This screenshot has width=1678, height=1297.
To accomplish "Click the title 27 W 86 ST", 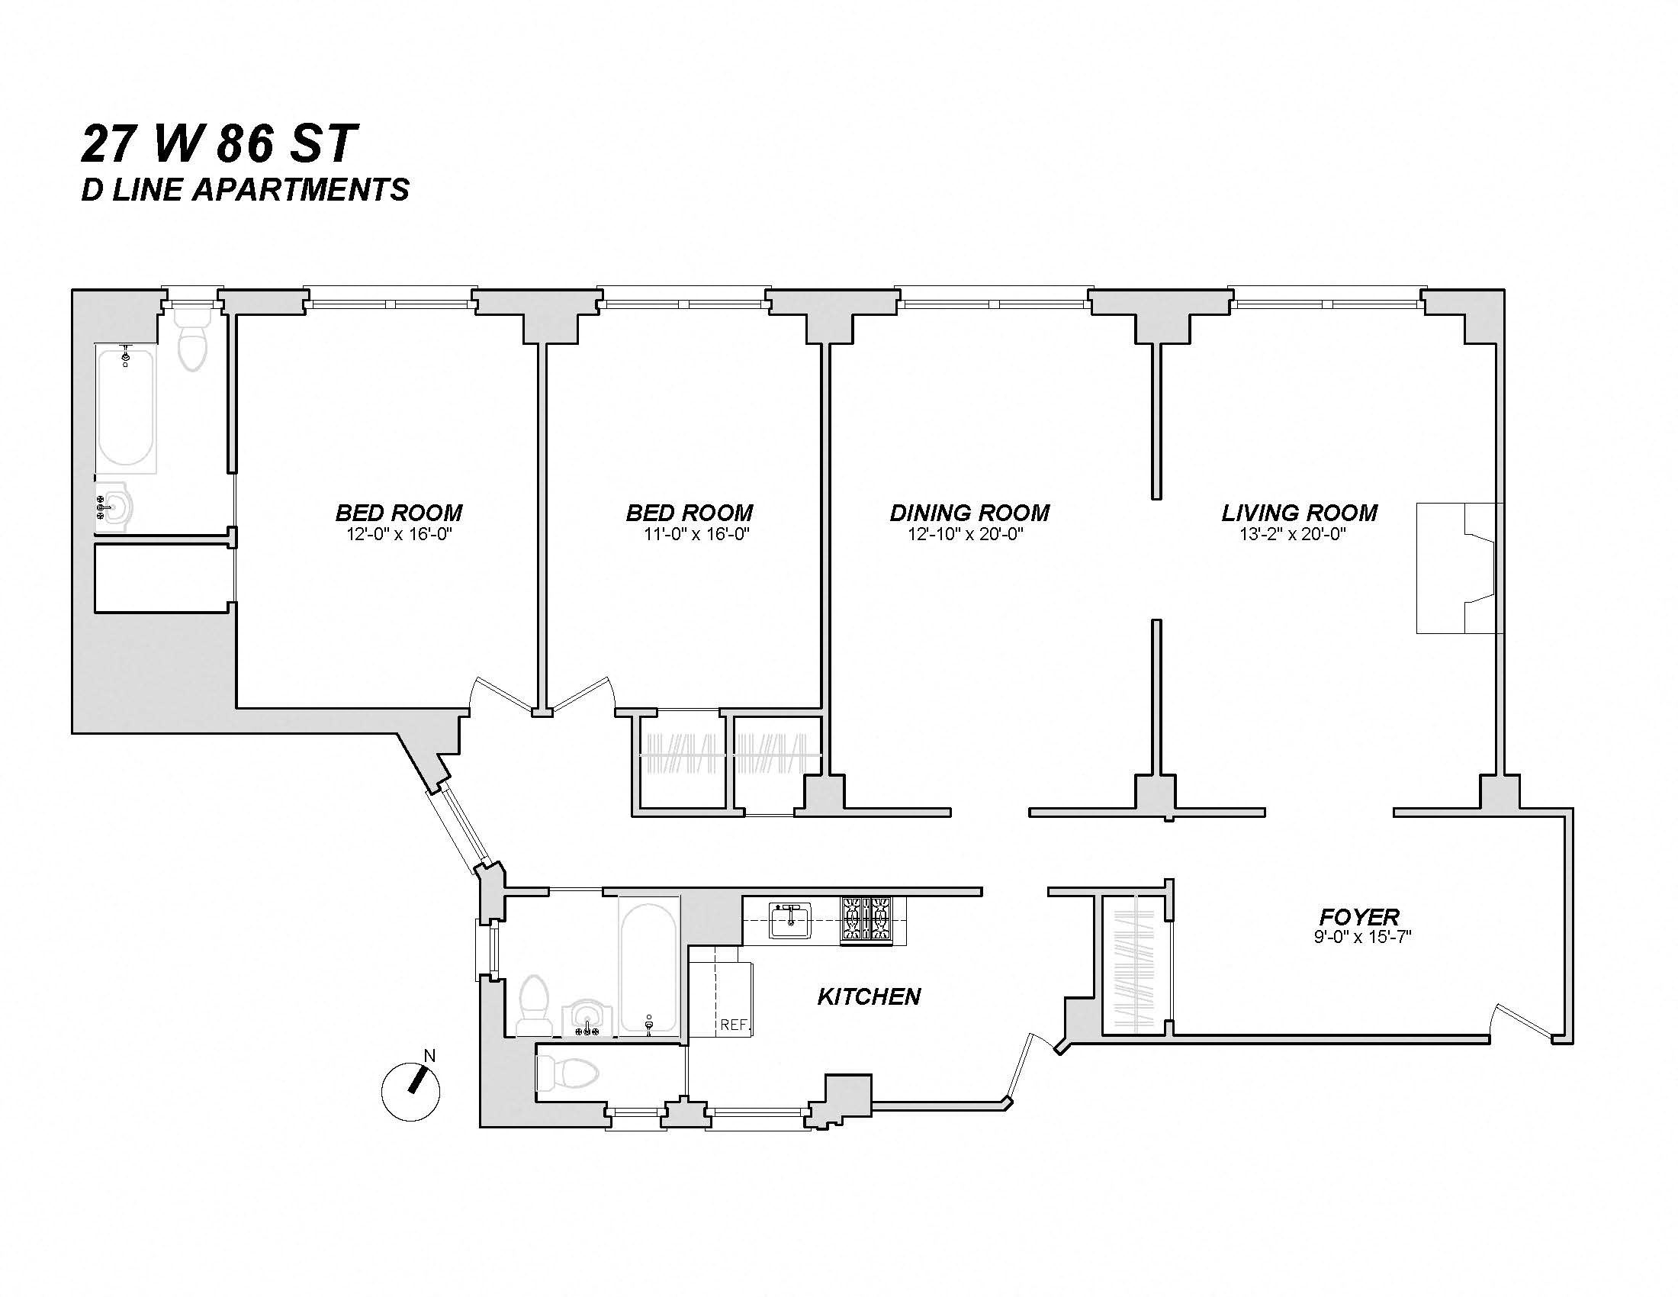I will point(219,144).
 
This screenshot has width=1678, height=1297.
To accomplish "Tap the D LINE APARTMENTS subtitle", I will point(245,190).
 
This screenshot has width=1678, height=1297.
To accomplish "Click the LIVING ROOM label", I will point(1299,513).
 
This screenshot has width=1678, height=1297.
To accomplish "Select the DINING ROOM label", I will point(969,513).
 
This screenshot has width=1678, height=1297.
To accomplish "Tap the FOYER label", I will point(1359,916).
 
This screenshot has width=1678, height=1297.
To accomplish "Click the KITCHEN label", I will point(868,997).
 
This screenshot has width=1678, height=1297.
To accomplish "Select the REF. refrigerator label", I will point(735,1025).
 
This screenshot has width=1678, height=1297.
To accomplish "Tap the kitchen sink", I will point(791,921).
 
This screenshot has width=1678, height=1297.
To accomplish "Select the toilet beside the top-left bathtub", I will point(192,342).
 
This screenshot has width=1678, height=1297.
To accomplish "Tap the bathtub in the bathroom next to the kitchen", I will point(649,966).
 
